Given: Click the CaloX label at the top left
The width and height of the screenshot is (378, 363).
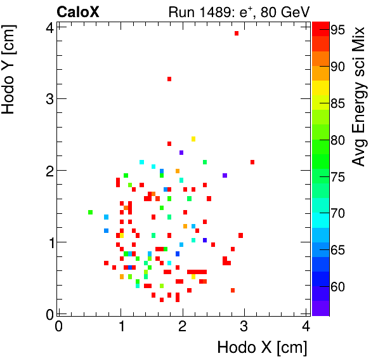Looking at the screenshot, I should click(x=77, y=11).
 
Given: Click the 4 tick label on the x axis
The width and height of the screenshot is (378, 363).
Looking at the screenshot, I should click(x=306, y=327).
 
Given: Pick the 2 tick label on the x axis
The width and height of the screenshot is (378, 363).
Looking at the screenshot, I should click(x=183, y=327).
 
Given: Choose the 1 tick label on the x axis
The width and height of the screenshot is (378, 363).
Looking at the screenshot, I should click(x=121, y=327).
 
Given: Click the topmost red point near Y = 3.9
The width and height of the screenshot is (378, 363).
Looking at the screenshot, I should click(x=237, y=33).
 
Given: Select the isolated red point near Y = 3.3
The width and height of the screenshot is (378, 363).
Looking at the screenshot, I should click(x=169, y=79).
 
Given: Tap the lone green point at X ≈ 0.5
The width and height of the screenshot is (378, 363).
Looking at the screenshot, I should click(x=90, y=212).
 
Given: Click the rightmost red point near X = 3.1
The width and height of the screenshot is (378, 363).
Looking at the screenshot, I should click(x=252, y=162).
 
